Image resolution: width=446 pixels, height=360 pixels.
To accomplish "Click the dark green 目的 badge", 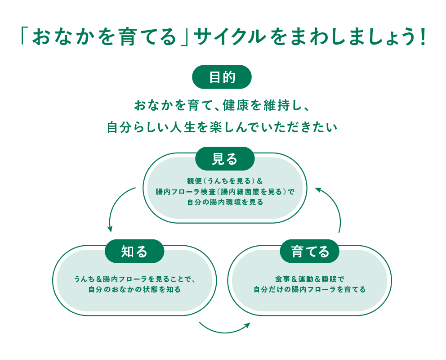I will tap(222, 77).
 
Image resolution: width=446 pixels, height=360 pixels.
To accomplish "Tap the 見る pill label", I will tap(225, 158).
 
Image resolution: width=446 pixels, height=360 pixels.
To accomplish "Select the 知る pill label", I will tap(134, 251).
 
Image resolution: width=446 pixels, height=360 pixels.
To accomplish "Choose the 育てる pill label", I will tap(310, 251).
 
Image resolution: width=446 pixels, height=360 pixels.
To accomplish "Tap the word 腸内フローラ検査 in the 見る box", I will tap(184, 192).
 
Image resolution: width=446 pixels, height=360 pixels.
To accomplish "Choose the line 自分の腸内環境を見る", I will tap(225, 202).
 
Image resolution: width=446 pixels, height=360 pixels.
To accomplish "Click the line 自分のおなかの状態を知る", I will tap(134, 289).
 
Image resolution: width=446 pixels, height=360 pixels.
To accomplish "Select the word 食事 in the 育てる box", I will tap(282, 279).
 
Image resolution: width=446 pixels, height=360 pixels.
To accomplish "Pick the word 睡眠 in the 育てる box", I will tap(332, 279).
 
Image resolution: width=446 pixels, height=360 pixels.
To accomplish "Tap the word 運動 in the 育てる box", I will tap(307, 279).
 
